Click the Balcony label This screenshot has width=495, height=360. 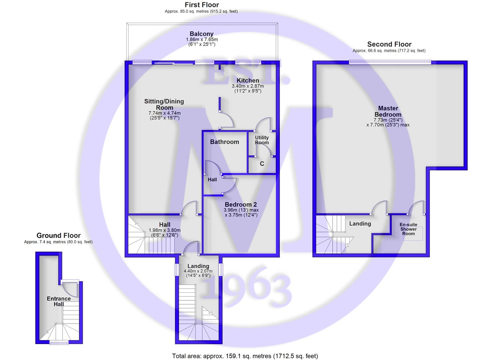pyautogui.click(x=202, y=34)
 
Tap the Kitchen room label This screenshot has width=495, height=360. pyautogui.click(x=248, y=80)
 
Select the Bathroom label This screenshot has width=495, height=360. pyautogui.click(x=225, y=142)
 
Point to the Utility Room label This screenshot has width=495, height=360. pyautogui.click(x=262, y=140)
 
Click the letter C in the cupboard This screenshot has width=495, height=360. pyautogui.click(x=262, y=164)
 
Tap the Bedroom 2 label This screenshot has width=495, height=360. pyautogui.click(x=241, y=204)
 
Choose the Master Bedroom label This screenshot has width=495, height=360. pyautogui.click(x=388, y=111)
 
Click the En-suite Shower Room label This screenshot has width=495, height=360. pyautogui.click(x=408, y=229)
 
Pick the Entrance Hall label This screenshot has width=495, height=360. pyautogui.click(x=59, y=301)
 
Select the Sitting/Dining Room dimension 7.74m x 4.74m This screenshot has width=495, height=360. pyautogui.click(x=165, y=113)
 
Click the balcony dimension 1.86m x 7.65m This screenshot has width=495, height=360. pyautogui.click(x=202, y=40)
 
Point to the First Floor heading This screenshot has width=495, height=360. pyautogui.click(x=202, y=5)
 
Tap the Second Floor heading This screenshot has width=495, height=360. pyautogui.click(x=389, y=44)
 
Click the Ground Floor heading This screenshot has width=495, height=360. pyautogui.click(x=59, y=235)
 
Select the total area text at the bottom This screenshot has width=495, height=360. pyautogui.click(x=245, y=356)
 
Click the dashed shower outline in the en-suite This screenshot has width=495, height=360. pyautogui.click(x=413, y=234)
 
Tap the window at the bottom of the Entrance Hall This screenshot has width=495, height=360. pyautogui.click(x=59, y=343)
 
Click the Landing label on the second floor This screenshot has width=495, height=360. pyautogui.click(x=360, y=224)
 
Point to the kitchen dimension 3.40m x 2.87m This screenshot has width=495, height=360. pyautogui.click(x=248, y=86)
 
